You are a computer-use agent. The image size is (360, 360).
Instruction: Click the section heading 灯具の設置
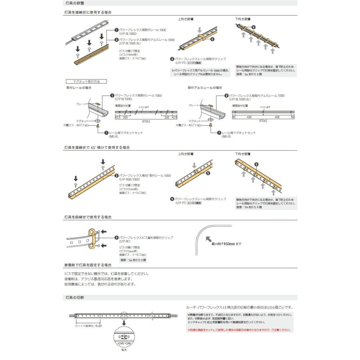[x=75, y=3]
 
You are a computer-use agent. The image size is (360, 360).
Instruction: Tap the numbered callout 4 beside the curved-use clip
[x=116, y=238]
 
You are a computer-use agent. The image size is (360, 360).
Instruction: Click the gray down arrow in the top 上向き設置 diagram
[x=200, y=30]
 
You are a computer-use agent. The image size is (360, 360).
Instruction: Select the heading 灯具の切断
[x=75, y=298]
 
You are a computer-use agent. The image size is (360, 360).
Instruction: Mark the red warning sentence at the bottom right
[x=239, y=330]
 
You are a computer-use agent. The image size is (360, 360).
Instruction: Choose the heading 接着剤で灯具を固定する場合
[x=88, y=265]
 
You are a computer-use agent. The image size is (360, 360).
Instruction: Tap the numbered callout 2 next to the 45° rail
[x=116, y=176]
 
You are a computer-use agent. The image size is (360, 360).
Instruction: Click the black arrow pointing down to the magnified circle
[x=124, y=323]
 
